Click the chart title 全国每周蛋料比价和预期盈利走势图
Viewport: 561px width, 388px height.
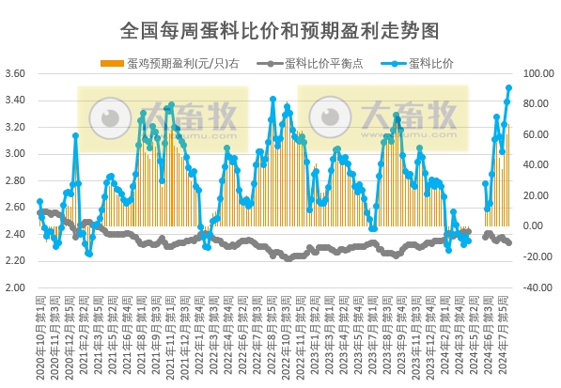click(280, 30)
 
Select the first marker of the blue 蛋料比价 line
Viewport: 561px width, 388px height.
click(39, 201)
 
